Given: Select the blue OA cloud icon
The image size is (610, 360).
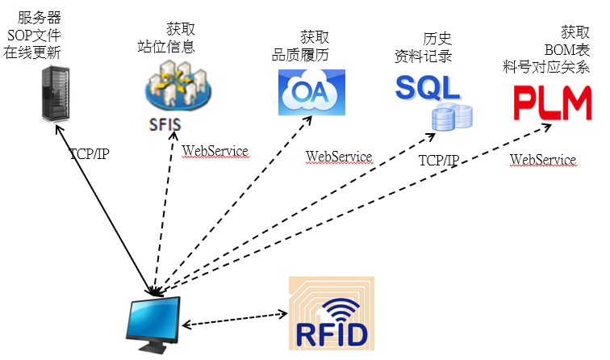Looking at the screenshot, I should tap(311, 92).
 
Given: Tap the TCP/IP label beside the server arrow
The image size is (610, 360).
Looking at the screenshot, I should tap(89, 153).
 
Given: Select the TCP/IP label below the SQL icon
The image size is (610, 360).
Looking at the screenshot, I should tap(438, 160).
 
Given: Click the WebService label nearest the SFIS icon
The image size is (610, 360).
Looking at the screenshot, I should tap(215, 150).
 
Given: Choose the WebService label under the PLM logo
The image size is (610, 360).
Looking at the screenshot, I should tap(542, 160).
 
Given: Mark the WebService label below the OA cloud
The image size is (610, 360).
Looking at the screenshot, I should tap(338, 156).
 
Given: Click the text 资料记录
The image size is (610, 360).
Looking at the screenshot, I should tap(422, 57).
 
